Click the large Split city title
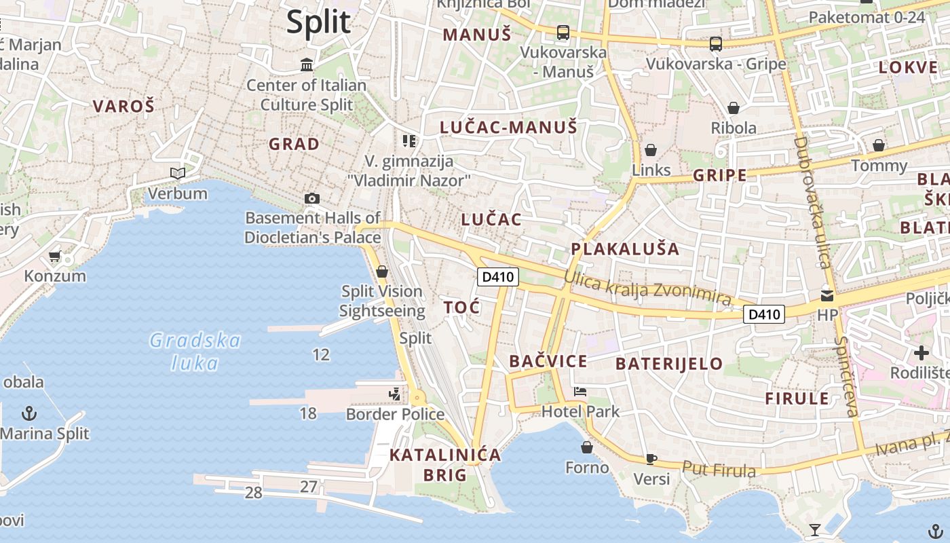point(318,22)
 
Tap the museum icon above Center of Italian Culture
point(307,65)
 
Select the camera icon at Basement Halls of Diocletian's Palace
point(312,198)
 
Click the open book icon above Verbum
point(178,174)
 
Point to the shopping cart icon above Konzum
point(54,257)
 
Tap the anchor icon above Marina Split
point(29,413)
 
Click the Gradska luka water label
point(195,351)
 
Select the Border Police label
point(395,414)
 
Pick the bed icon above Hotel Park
point(580,392)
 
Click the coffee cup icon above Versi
point(651,459)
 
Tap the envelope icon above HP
point(827,296)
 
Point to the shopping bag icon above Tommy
point(879,145)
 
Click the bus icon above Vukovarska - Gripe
point(715,44)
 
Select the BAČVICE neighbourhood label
point(548,361)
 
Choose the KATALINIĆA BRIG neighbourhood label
point(445,464)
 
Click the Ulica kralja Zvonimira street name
point(647,288)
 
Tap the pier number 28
point(253,493)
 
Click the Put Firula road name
point(719,468)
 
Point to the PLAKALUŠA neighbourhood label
point(625,248)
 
